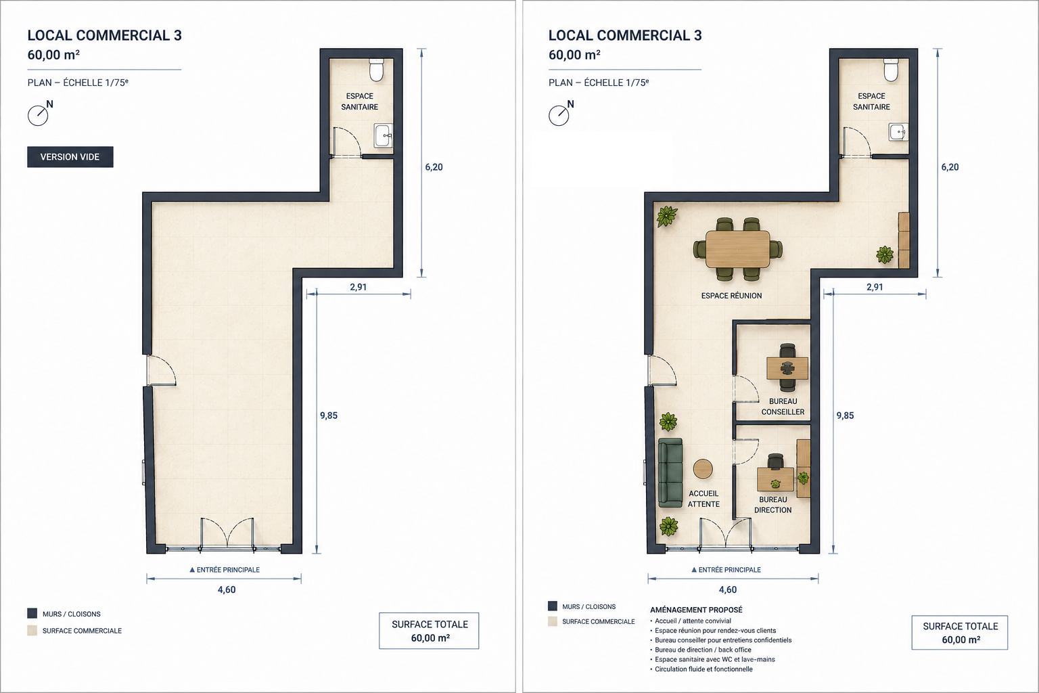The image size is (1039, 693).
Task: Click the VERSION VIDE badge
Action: pos(70,157)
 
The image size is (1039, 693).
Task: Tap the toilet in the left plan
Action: pos(376,70)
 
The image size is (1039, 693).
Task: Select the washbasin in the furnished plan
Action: pos(898,132)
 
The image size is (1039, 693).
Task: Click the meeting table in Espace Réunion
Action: pos(737,249)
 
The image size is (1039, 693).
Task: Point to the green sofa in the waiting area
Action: pos(671,472)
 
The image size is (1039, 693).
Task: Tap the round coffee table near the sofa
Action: pos(703,469)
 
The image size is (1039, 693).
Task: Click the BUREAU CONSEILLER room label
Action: pos(783,407)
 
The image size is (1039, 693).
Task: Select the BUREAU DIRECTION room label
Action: pos(772,505)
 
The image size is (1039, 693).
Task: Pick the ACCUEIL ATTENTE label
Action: pos(703,499)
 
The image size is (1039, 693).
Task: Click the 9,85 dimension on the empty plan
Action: pos(328,416)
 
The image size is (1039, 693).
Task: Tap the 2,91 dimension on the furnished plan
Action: pos(875,287)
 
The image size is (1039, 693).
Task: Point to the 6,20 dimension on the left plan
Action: pos(434,167)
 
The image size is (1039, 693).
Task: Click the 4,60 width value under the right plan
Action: pos(728,589)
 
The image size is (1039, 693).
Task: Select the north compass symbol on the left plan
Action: pos(40,113)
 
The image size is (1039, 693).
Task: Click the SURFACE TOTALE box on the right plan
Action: pos(960,632)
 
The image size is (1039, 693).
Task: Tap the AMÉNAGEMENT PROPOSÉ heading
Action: pos(696,610)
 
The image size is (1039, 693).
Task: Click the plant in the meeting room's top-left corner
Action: pos(666,217)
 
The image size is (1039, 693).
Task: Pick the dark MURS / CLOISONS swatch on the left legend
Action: pos(32,613)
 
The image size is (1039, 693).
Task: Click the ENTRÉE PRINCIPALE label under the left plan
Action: pos(225,570)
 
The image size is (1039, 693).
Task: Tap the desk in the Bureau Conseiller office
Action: pos(787,368)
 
